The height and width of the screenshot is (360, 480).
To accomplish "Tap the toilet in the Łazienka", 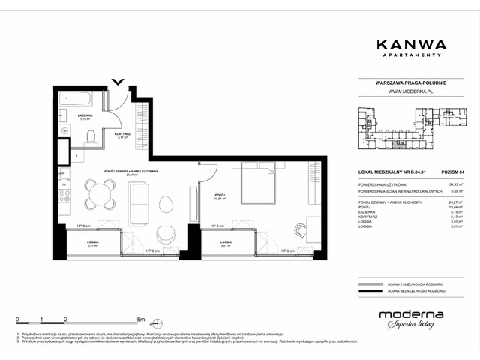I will pos(90,136).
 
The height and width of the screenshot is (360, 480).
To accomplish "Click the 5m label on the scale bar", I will pos(151,319).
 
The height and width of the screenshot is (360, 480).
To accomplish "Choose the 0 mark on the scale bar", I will pos(18,319).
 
